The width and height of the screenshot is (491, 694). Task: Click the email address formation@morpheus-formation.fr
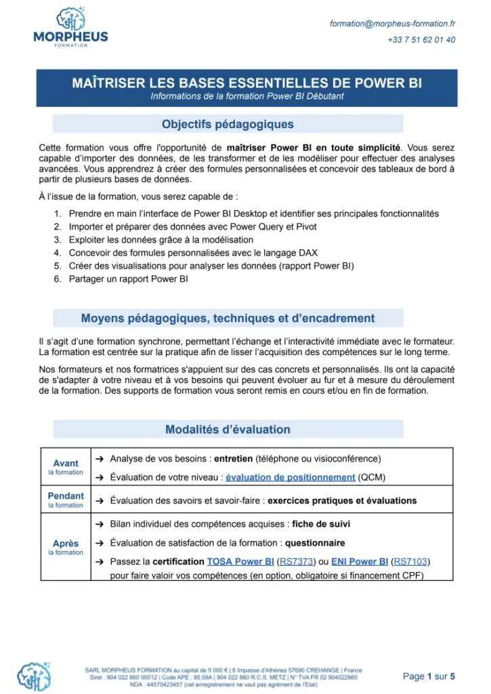(392, 23)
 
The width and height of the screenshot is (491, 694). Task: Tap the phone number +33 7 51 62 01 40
(421, 40)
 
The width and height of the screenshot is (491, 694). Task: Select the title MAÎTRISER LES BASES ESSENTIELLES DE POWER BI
(247, 83)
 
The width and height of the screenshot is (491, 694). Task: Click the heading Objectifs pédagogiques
(228, 124)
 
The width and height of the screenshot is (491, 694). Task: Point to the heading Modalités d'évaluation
(228, 430)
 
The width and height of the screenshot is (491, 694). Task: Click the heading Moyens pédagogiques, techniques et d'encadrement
(228, 318)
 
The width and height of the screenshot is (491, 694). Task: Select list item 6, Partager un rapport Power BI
(128, 279)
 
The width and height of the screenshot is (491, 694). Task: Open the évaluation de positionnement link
(290, 477)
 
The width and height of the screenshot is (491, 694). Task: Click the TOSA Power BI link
(240, 562)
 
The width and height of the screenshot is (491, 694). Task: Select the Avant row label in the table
(66, 464)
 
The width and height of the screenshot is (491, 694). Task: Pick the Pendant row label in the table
(66, 496)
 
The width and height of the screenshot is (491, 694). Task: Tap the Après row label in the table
(66, 544)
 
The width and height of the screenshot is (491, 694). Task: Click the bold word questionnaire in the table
(315, 543)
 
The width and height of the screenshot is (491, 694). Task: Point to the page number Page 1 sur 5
(429, 676)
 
